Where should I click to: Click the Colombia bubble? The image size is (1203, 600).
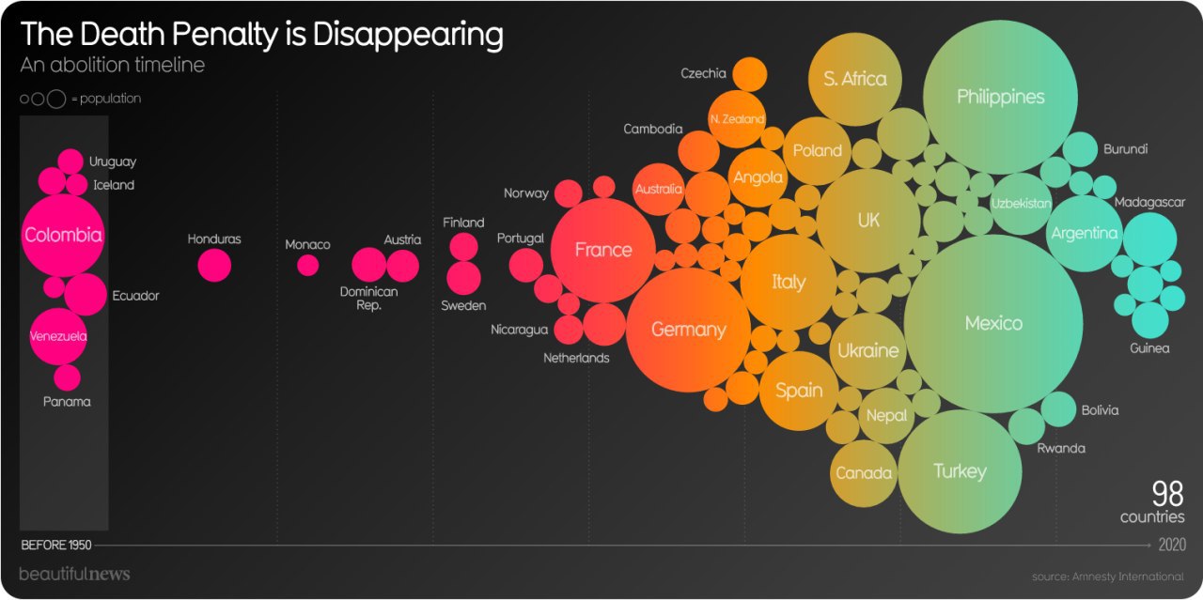tap(63, 236)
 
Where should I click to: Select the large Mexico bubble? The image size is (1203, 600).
tap(993, 324)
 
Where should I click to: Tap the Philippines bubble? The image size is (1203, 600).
tap(1000, 97)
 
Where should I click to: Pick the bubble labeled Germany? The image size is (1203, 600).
tap(689, 330)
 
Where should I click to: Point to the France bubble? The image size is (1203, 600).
tap(603, 250)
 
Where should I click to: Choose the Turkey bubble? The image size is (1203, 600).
tap(960, 471)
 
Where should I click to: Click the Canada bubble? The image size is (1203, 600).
tap(863, 472)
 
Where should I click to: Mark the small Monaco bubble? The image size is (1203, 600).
tap(307, 266)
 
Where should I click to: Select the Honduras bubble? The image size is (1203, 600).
tap(214, 266)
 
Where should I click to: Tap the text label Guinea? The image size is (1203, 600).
tap(1149, 348)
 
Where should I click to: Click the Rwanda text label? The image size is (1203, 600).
tap(1061, 448)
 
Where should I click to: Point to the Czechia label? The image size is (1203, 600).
tap(703, 73)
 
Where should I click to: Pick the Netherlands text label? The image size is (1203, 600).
tap(576, 358)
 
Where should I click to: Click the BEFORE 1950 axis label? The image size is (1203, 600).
tap(55, 545)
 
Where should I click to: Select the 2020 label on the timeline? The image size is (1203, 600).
tap(1172, 545)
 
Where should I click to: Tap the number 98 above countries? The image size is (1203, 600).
tap(1168, 495)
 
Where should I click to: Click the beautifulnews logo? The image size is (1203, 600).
tap(74, 574)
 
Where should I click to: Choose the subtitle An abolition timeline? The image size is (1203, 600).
tap(112, 65)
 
